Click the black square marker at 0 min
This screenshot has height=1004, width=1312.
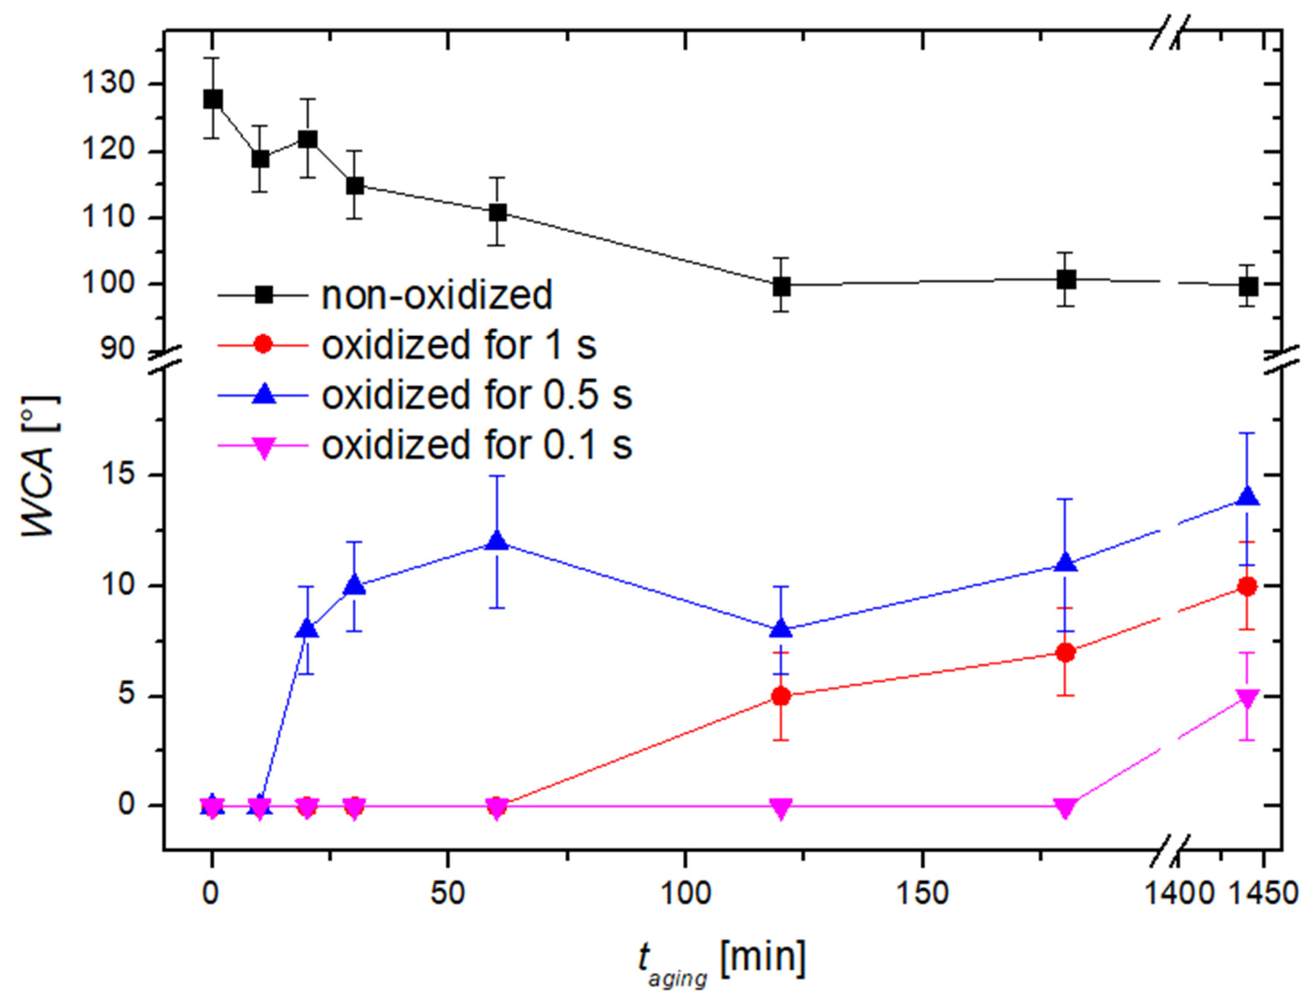pyautogui.click(x=212, y=99)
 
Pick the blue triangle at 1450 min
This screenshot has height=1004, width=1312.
pyautogui.click(x=1247, y=497)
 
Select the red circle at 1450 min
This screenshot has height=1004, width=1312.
pyautogui.click(x=1247, y=586)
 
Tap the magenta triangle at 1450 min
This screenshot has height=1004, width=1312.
pyautogui.click(x=1247, y=698)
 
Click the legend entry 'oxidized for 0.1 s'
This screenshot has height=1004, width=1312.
pyautogui.click(x=476, y=445)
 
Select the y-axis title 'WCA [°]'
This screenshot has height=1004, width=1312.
pyautogui.click(x=40, y=466)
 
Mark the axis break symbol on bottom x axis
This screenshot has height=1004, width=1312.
pyautogui.click(x=1169, y=848)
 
